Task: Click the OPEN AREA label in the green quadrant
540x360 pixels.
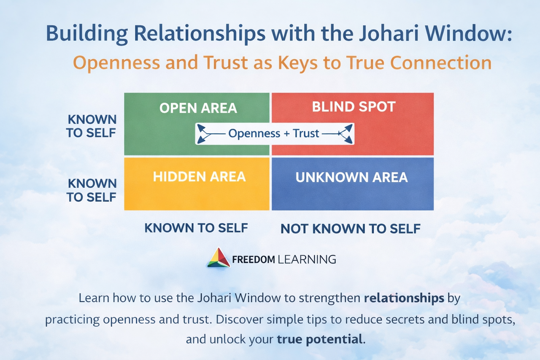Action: click(x=198, y=108)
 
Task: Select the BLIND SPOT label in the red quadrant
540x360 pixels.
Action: click(x=354, y=106)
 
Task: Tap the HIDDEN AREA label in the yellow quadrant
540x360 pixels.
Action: click(x=199, y=176)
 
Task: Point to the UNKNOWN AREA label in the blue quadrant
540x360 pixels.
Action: click(x=351, y=177)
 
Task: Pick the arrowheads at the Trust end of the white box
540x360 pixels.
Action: click(x=346, y=134)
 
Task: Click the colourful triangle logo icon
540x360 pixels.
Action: click(x=219, y=258)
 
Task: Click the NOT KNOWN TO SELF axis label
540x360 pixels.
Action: click(x=351, y=229)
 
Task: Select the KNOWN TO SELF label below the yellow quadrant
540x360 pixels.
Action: click(x=196, y=228)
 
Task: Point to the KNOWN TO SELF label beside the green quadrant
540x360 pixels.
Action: click(x=91, y=126)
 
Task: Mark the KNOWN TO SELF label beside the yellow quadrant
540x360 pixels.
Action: click(x=92, y=190)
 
